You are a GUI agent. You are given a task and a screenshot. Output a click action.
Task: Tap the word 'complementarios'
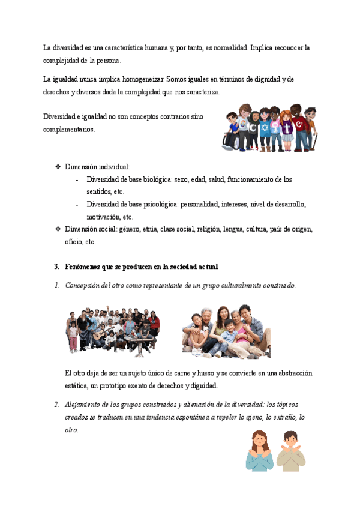69,129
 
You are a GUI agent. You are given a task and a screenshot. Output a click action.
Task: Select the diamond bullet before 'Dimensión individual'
58,167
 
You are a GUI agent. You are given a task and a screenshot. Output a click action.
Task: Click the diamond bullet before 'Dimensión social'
58,229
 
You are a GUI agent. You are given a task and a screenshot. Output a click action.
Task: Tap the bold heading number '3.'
57,266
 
